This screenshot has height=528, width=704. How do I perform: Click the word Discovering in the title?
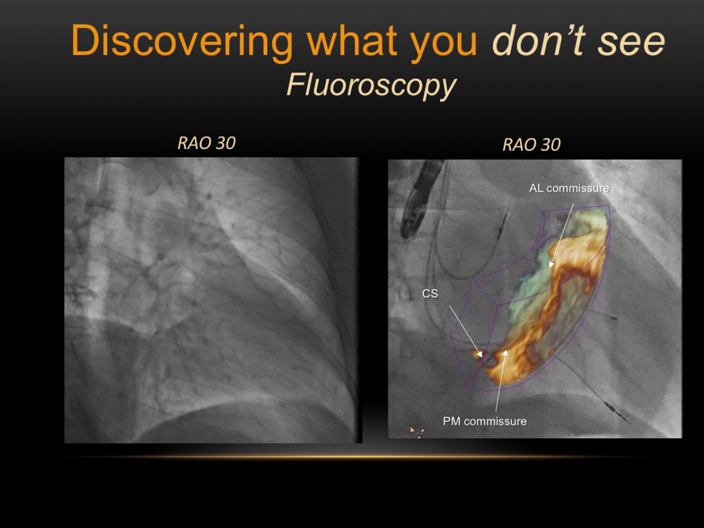[x=182, y=41]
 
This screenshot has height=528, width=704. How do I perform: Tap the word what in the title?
[x=351, y=40]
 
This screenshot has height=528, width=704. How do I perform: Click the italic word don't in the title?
[x=539, y=40]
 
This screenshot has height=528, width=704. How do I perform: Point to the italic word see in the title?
[x=631, y=43]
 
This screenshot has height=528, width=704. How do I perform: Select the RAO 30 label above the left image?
[x=207, y=143]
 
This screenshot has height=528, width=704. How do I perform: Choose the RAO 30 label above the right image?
[x=532, y=144]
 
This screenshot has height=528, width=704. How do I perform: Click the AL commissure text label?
[x=569, y=188]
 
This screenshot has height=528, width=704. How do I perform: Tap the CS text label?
[x=430, y=293]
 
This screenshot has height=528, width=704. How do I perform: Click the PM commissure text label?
[x=485, y=421]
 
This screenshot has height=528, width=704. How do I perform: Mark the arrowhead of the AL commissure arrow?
[x=551, y=265]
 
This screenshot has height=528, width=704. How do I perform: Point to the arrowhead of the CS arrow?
[x=480, y=354]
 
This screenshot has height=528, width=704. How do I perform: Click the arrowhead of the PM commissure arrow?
[x=506, y=353]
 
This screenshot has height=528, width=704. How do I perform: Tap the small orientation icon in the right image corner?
[x=417, y=431]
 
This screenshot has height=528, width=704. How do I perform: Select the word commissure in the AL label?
[x=578, y=188]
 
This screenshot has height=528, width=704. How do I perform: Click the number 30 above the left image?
[x=226, y=143]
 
